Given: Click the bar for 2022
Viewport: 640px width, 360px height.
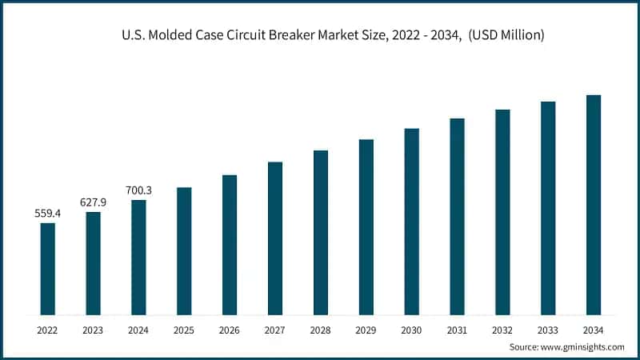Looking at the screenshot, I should pos(48,269).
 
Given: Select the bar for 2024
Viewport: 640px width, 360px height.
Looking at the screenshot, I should pos(138,257).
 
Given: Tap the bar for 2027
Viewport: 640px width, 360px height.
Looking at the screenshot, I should pos(275,238).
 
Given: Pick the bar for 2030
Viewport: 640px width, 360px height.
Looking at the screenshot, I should pos(411,222).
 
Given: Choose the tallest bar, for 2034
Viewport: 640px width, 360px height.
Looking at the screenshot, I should pos(594,205).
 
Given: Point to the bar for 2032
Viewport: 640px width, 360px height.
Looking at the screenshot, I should pos(502,212).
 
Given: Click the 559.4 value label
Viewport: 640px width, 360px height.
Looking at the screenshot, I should pos(48,214).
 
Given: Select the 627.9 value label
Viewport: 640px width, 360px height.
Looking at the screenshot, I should pos(94,202).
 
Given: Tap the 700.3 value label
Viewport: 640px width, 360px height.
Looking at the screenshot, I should pos(138,190).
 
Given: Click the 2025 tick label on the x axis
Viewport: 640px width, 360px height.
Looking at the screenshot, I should pos(184,330).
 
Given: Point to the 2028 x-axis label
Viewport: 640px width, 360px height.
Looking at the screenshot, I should pos(321,330).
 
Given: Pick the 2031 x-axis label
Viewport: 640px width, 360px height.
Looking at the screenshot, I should pos(457,330).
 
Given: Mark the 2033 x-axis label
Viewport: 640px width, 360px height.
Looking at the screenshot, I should pos(548,330).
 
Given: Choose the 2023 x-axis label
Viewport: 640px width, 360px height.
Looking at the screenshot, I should pos(94,330).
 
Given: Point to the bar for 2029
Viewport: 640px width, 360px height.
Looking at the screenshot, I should pos(366,227).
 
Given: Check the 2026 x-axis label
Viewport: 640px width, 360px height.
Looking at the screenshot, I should pos(230,330).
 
